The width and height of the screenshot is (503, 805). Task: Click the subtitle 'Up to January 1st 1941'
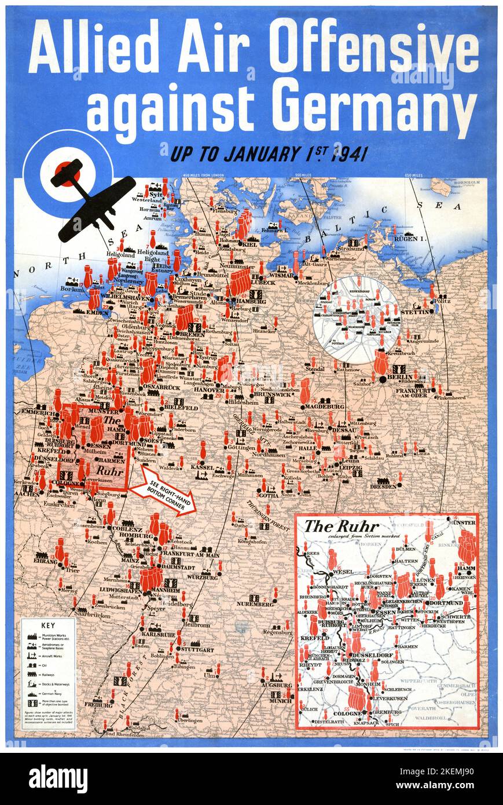point(268,155)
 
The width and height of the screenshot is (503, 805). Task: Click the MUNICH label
point(281,701)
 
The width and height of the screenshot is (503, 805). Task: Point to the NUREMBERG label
point(255,604)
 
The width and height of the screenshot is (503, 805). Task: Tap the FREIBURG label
point(98,705)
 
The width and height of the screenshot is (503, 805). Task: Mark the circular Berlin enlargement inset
point(356,319)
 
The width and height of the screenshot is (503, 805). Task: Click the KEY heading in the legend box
point(48,626)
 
